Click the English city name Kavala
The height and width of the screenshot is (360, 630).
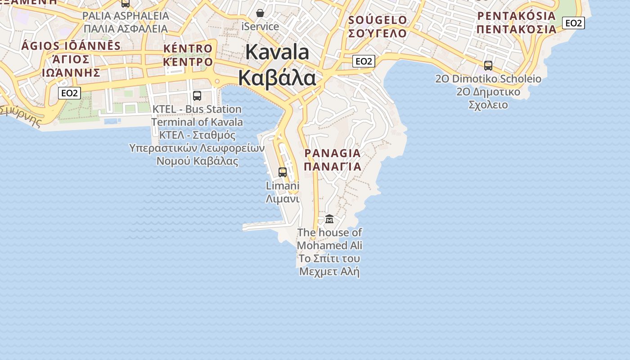click(x=277, y=52)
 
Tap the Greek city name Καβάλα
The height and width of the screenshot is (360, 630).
click(x=277, y=78)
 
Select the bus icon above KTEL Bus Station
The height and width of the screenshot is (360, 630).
click(x=197, y=95)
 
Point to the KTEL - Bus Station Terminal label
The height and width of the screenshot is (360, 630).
click(x=197, y=116)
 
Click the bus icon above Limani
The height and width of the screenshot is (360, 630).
click(x=283, y=172)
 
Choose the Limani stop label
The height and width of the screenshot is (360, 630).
click(x=283, y=192)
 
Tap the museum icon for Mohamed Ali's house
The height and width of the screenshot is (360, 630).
click(x=329, y=219)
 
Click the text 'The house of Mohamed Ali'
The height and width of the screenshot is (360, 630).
click(x=329, y=239)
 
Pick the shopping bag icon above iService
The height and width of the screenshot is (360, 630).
click(x=260, y=13)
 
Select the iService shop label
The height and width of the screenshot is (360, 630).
click(x=260, y=27)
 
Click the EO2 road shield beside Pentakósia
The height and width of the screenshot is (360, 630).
click(x=573, y=23)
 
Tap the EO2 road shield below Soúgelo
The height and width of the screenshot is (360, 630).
click(x=364, y=61)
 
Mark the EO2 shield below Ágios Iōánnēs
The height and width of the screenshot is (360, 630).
click(x=69, y=93)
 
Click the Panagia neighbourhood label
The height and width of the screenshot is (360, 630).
click(x=333, y=160)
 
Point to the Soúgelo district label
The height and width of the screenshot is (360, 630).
click(x=378, y=27)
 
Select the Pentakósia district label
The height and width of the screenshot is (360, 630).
click(x=517, y=22)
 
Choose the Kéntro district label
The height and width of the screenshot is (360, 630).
click(x=188, y=55)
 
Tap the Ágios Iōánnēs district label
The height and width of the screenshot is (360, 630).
click(x=71, y=59)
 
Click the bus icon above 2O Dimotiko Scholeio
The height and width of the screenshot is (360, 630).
click(x=488, y=66)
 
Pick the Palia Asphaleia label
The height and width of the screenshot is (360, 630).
click(x=126, y=22)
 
